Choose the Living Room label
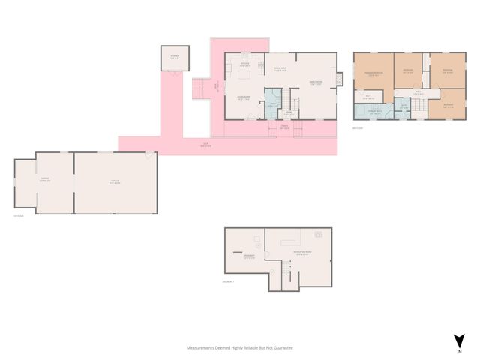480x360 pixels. (x=244, y=98)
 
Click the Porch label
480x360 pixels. (x=285, y=127)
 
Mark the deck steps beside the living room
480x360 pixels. (x=200, y=89)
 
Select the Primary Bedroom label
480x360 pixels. (x=373, y=73)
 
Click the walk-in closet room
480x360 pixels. (x=370, y=97)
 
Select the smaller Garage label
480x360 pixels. (x=44, y=180)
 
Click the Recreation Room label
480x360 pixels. (x=304, y=253)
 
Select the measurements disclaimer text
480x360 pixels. (x=240, y=348)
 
